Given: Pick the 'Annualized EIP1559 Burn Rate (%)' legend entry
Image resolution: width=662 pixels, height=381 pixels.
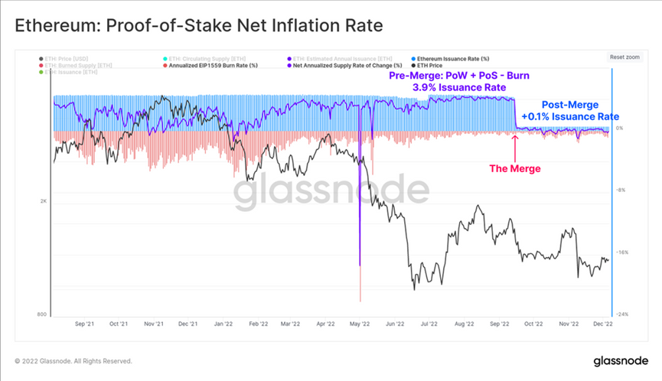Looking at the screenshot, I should [x=214, y=65].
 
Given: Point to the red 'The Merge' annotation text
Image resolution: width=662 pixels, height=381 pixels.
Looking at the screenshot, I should [x=515, y=168].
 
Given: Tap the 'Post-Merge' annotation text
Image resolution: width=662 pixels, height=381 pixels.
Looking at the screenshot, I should [x=569, y=104].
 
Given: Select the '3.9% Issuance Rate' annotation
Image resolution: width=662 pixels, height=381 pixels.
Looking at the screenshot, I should [x=459, y=88].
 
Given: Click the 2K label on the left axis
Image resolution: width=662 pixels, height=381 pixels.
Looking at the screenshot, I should [x=44, y=201].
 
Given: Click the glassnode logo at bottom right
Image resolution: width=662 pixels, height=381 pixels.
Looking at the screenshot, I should [x=619, y=360].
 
